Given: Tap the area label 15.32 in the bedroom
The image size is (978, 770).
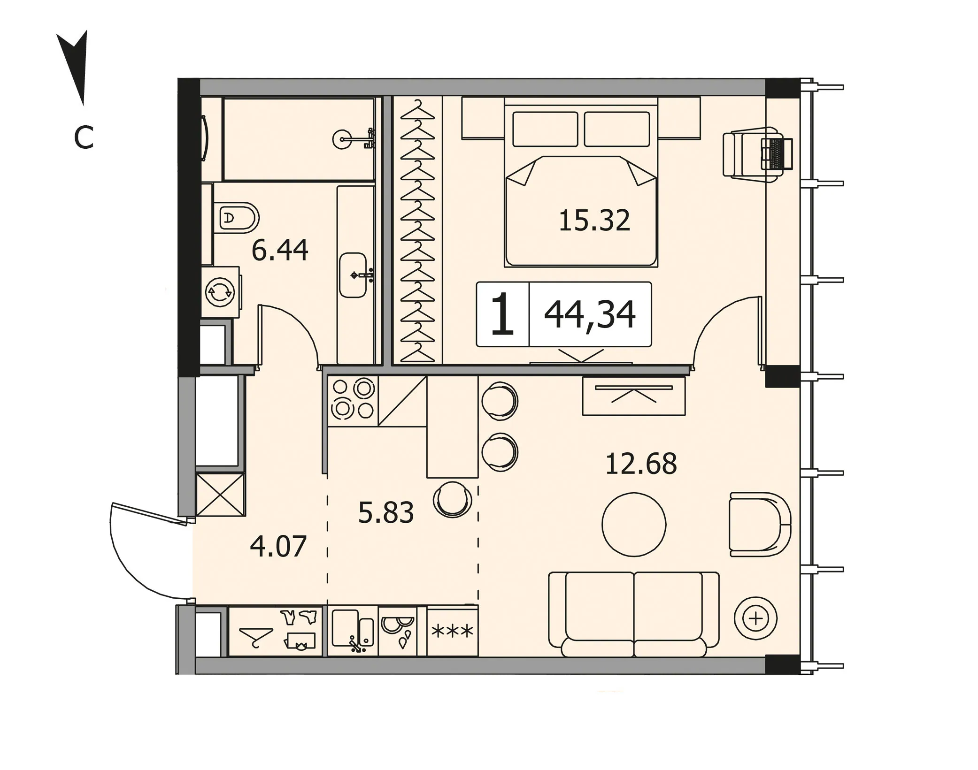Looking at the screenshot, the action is click(594, 221).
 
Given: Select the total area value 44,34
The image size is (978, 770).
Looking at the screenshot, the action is click(590, 315).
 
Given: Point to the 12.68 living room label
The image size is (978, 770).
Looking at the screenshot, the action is click(641, 464).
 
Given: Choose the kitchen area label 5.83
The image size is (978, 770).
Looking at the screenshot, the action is click(386, 512).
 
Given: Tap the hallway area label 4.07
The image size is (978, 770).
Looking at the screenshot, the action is click(278, 546).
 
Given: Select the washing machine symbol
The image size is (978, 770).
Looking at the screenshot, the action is click(220, 292).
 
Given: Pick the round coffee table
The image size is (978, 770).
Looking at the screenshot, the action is click(634, 524).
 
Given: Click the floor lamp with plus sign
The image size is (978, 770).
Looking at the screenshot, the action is click(756, 618).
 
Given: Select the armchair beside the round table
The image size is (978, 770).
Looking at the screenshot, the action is click(760, 524).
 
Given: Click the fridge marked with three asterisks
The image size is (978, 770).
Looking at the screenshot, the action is click(453, 631).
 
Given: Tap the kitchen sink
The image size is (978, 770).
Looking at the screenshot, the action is click(353, 631).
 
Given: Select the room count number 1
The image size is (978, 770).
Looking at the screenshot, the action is click(502, 314).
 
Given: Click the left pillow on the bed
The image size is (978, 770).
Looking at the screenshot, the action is click(545, 129).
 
